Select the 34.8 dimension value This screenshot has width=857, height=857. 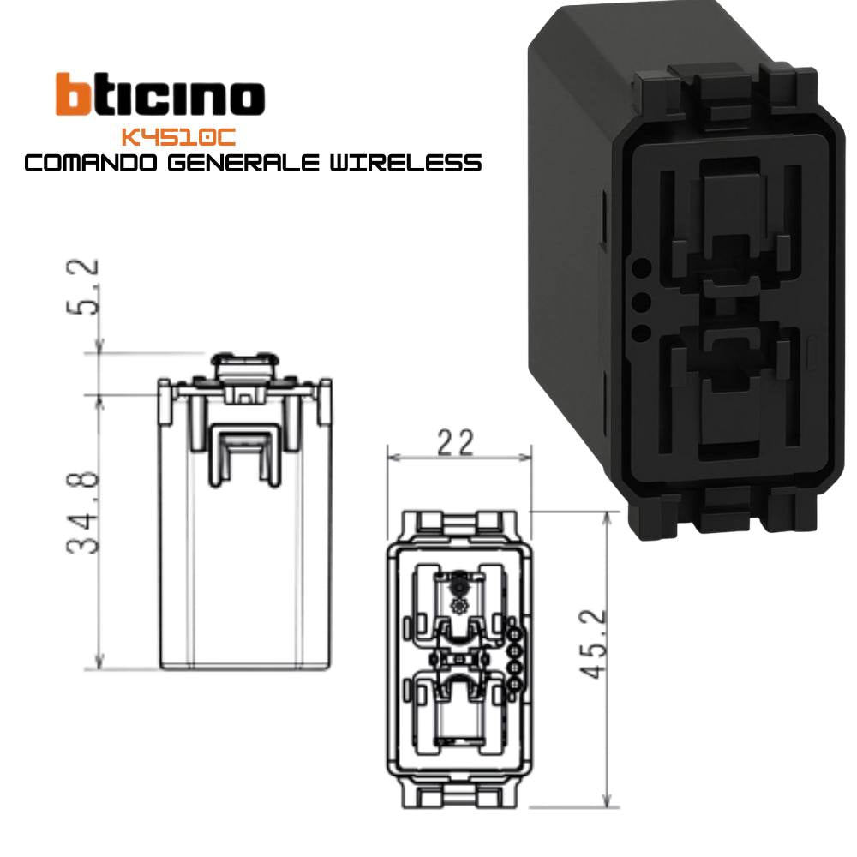[x=84, y=512]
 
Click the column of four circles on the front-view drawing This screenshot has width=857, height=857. [x=515, y=658]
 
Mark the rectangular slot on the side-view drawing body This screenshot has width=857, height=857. [x=245, y=454]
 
